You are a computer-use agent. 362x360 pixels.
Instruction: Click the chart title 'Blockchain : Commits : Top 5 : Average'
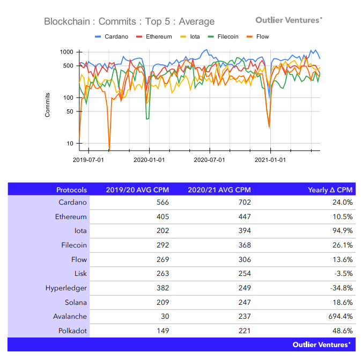pyautogui.click(x=129, y=22)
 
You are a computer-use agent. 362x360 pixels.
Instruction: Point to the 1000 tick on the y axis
pyautogui.click(x=66, y=52)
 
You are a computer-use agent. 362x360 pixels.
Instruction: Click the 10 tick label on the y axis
pyautogui.click(x=69, y=144)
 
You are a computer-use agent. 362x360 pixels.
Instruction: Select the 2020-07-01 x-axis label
pyautogui.click(x=210, y=160)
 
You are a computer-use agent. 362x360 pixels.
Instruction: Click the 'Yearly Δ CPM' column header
pyautogui.click(x=330, y=190)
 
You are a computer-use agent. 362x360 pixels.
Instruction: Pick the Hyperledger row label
pyautogui.click(x=66, y=288)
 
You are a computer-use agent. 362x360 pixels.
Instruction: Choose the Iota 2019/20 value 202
pyautogui.click(x=161, y=231)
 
